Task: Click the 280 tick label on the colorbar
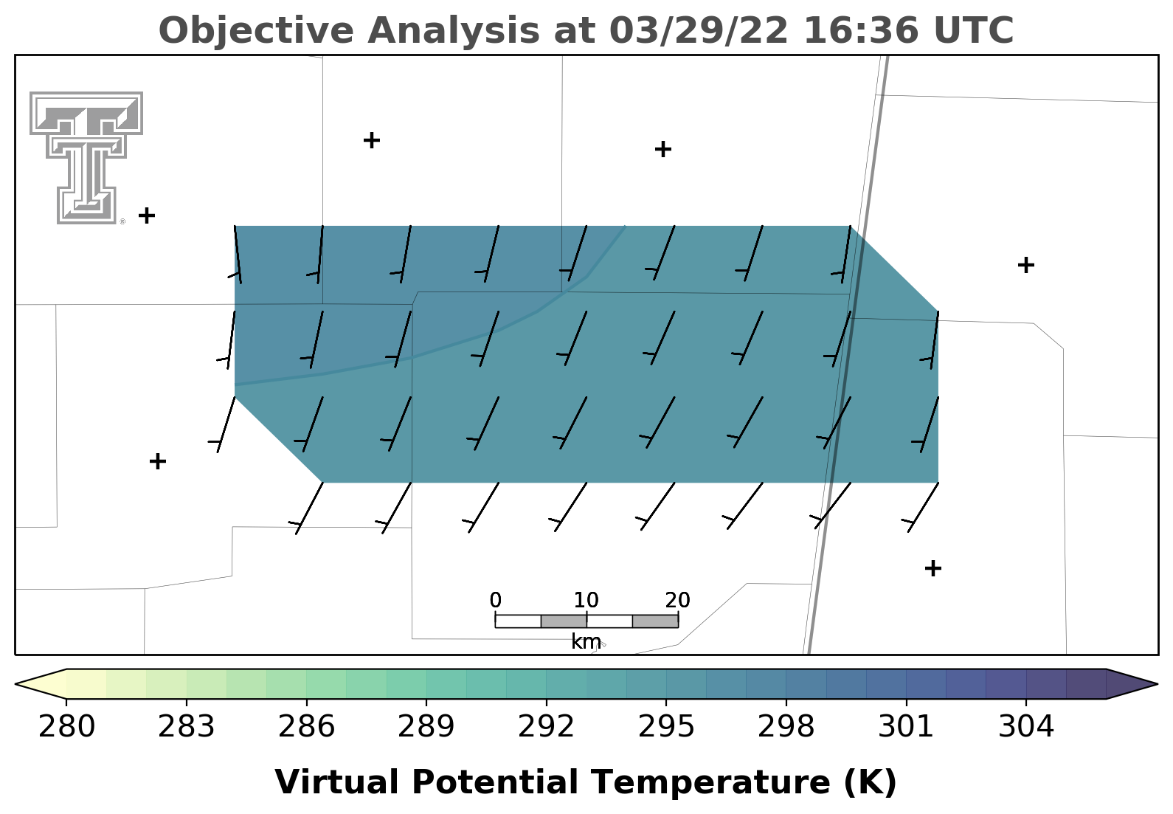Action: click(x=66, y=726)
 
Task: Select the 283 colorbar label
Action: click(x=187, y=726)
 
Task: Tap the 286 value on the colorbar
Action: click(x=306, y=726)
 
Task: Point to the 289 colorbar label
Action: click(x=426, y=726)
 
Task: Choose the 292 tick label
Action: click(x=546, y=726)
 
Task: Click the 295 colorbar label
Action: click(x=666, y=726)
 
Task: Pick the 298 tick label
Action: click(x=786, y=726)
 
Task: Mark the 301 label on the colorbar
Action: click(x=906, y=726)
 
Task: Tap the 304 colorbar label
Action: click(x=1026, y=726)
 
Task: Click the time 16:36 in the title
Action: click(x=861, y=30)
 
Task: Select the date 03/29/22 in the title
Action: click(x=699, y=30)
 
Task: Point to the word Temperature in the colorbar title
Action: click(x=712, y=782)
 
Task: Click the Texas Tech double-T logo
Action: click(x=86, y=158)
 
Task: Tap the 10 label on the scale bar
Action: click(x=586, y=600)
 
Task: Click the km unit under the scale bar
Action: click(x=586, y=641)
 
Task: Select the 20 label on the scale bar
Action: click(x=678, y=600)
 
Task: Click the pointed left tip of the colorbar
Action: click(x=15, y=683)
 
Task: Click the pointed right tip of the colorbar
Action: click(x=1157, y=683)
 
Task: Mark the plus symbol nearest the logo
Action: click(x=147, y=215)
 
